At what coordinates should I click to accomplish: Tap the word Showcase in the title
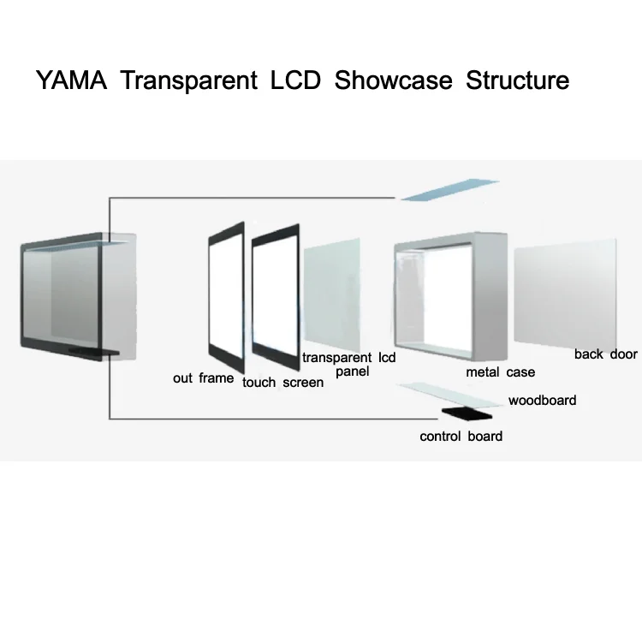click(395, 81)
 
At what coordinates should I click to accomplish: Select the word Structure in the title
click(517, 81)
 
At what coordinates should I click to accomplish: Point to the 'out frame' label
click(203, 377)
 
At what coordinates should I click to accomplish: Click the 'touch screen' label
click(282, 382)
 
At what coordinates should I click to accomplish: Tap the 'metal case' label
click(500, 372)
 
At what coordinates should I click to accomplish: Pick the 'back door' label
click(605, 354)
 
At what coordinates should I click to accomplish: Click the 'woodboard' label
click(542, 400)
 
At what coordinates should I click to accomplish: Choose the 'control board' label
click(461, 437)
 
